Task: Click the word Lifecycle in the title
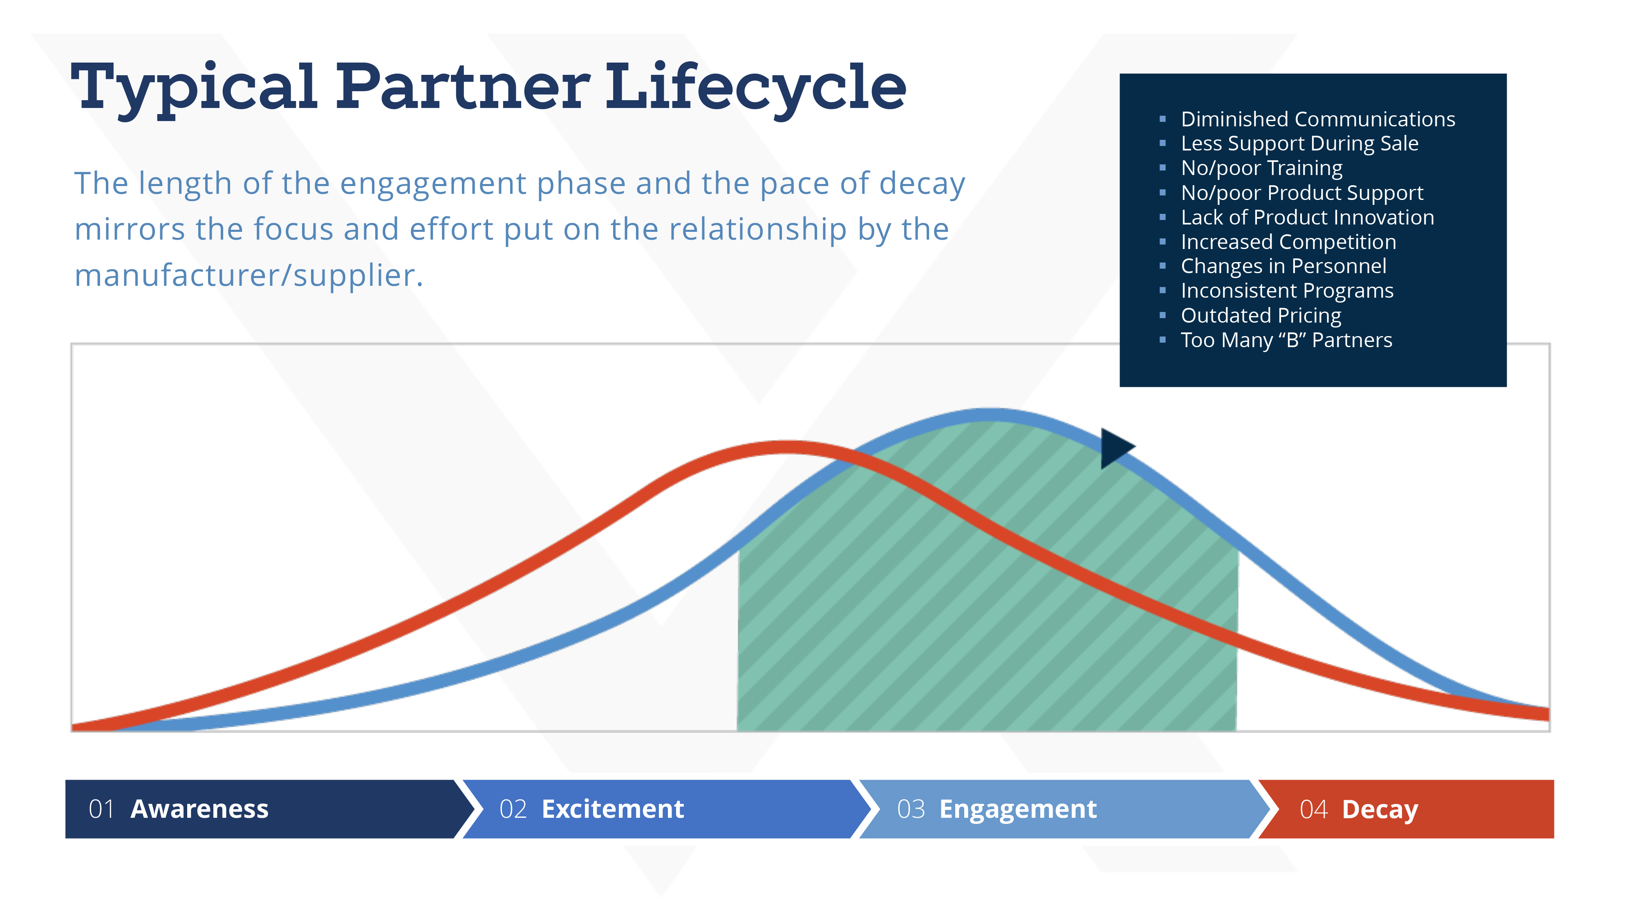coord(755,89)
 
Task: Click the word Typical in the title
coord(194,89)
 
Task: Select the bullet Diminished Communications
coord(1318,119)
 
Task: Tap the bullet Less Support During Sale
coord(1299,144)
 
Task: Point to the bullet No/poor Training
coord(1262,168)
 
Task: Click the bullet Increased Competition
coord(1288,242)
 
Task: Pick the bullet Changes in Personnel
coord(1283,266)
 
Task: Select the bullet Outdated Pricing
coord(1261,316)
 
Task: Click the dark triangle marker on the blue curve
coord(1115,448)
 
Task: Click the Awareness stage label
coord(199,809)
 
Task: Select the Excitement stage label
coord(612,809)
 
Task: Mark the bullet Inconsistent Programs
coord(1287,291)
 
